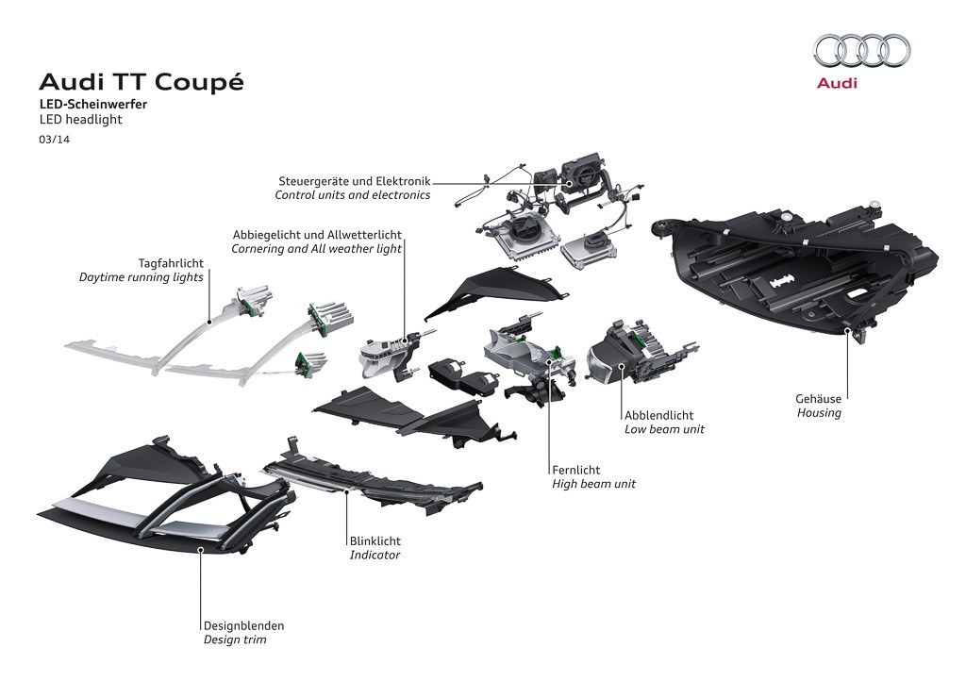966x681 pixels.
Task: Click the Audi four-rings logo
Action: (861, 50)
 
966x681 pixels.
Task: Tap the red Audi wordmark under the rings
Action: (837, 84)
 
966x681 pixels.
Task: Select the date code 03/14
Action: (54, 140)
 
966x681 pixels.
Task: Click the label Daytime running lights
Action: (141, 278)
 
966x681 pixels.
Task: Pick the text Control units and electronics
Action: (352, 195)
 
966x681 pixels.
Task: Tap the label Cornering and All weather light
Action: (316, 249)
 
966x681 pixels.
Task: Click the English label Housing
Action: (819, 413)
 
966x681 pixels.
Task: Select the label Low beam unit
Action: (664, 429)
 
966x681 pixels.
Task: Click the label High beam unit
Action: (593, 484)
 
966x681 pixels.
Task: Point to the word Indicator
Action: (375, 556)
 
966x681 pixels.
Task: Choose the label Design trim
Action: (235, 639)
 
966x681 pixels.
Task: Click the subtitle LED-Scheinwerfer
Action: (92, 105)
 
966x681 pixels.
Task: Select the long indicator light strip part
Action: (368, 475)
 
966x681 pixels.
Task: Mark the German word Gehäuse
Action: (818, 399)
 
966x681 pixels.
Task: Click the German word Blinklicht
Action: (375, 541)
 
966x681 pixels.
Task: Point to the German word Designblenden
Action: (243, 625)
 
